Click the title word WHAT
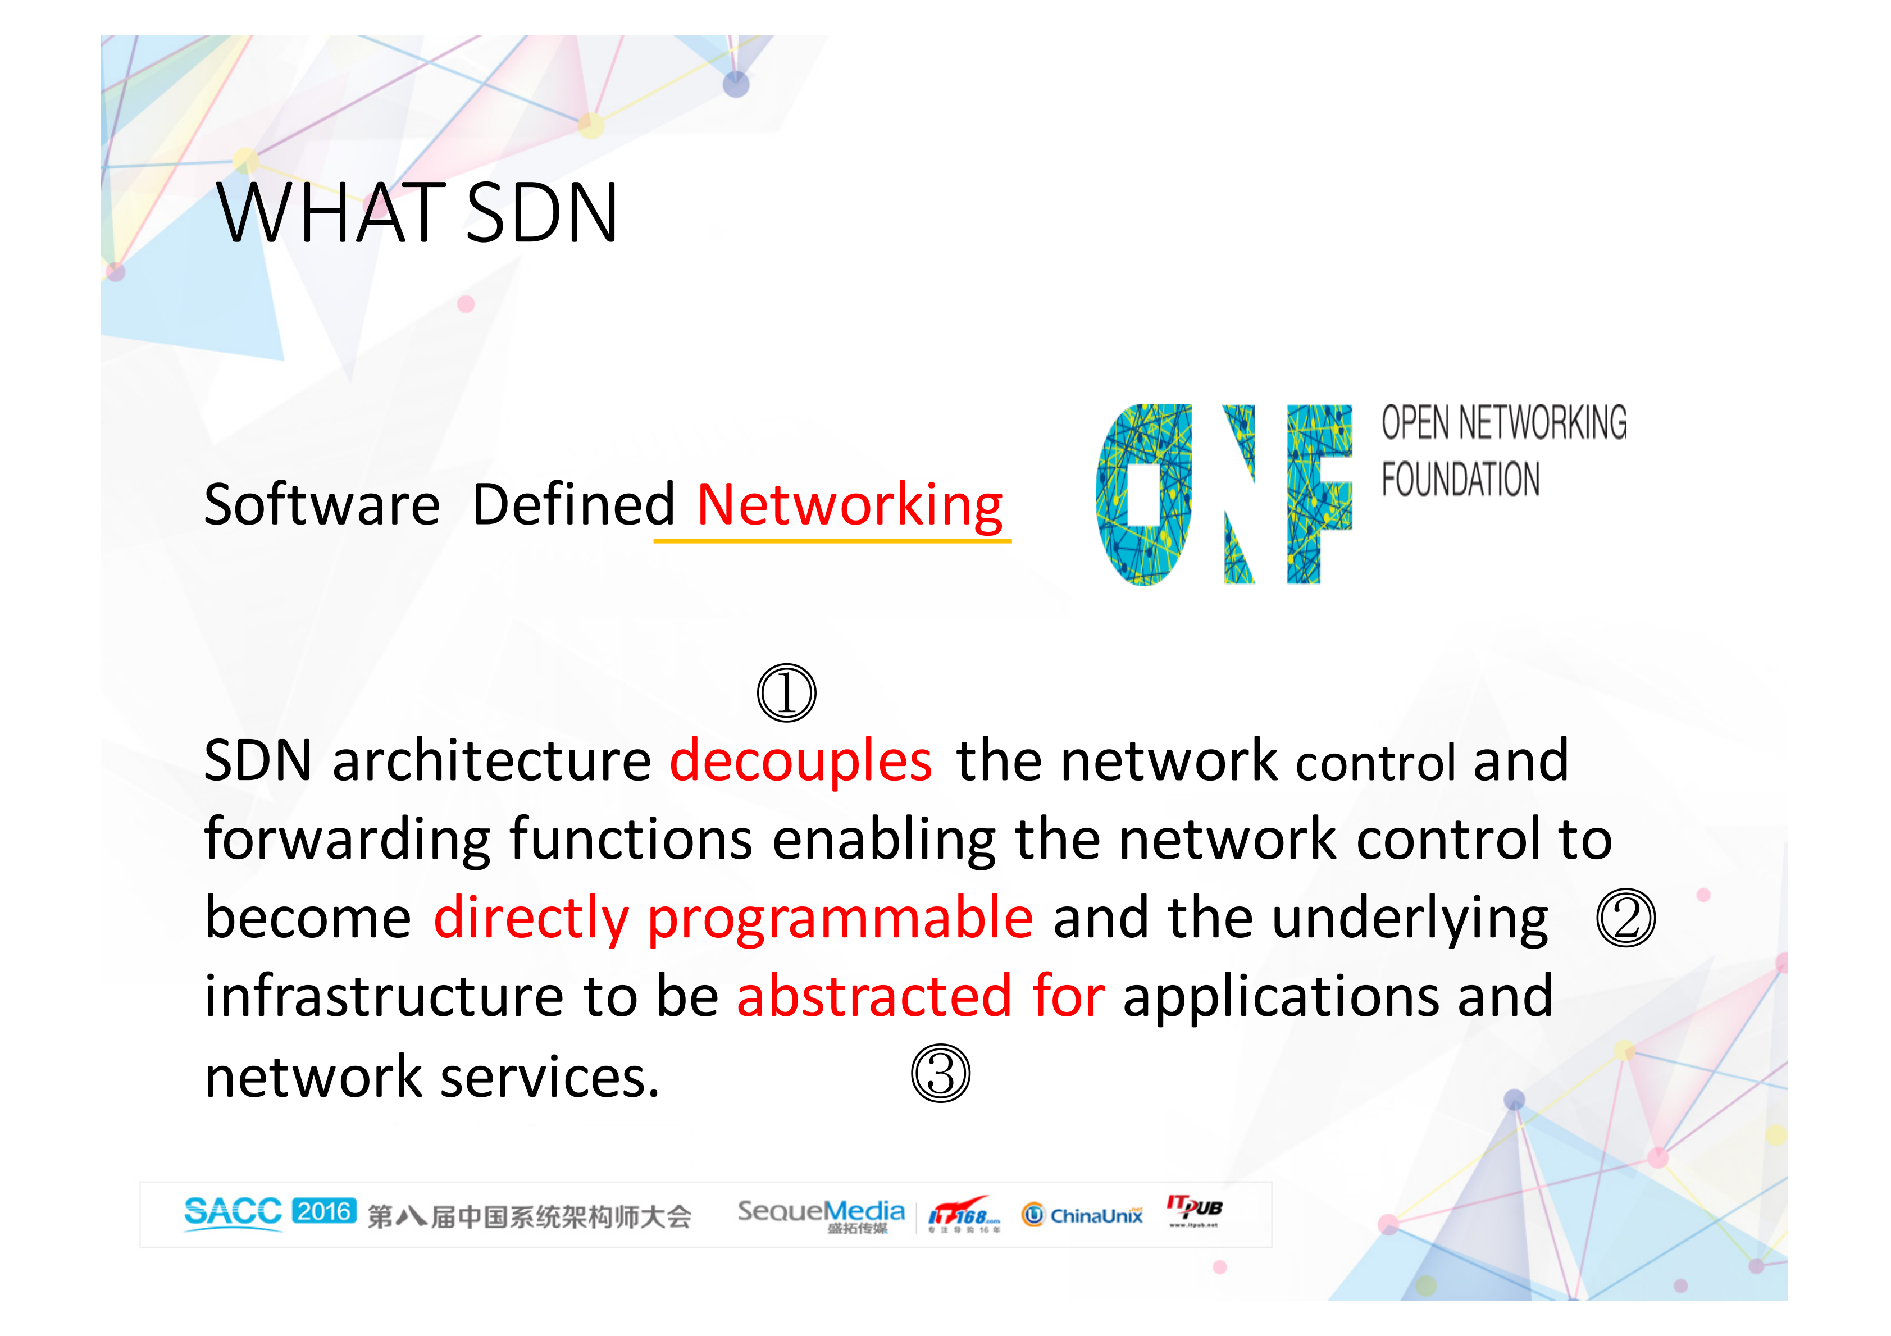330,213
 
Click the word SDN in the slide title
541,213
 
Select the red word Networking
849,504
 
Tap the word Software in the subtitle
321,504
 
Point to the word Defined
573,504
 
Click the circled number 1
786,693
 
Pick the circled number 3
941,1073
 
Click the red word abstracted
874,996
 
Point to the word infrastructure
384,996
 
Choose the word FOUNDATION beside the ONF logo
1460,480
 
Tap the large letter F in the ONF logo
1318,494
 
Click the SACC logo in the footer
233,1212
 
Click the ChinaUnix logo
1082,1215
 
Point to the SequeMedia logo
821,1214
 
